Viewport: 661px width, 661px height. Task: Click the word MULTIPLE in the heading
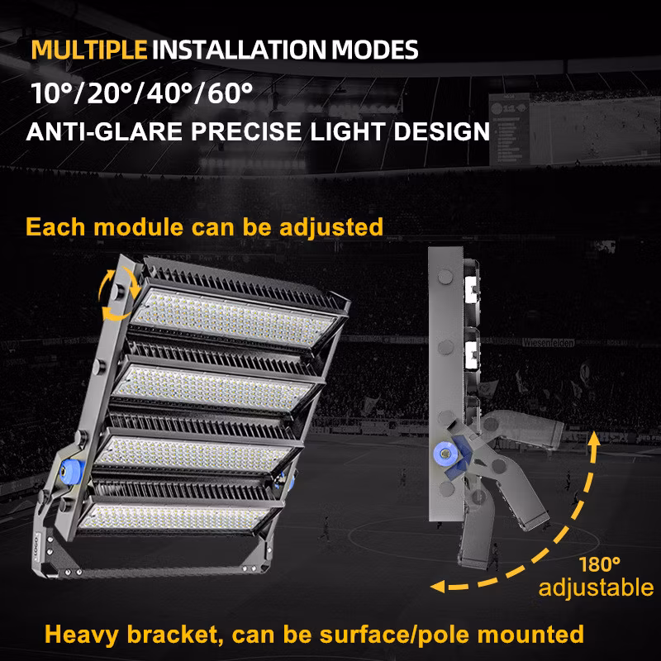(89, 50)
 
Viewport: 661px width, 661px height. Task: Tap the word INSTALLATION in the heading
(239, 50)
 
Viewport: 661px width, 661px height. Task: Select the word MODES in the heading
(375, 50)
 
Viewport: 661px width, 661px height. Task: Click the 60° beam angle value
(231, 93)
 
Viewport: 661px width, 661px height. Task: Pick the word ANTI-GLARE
(104, 131)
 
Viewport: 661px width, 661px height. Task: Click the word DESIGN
(441, 131)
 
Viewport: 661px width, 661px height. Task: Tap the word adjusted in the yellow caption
(331, 228)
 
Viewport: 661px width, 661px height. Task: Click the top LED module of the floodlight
(233, 318)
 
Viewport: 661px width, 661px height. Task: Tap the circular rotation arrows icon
(119, 296)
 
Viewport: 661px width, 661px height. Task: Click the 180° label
(600, 565)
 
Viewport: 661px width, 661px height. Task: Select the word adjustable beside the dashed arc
(596, 588)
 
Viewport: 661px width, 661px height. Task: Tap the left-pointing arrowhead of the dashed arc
(438, 587)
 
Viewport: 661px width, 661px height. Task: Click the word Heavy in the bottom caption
(81, 635)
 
